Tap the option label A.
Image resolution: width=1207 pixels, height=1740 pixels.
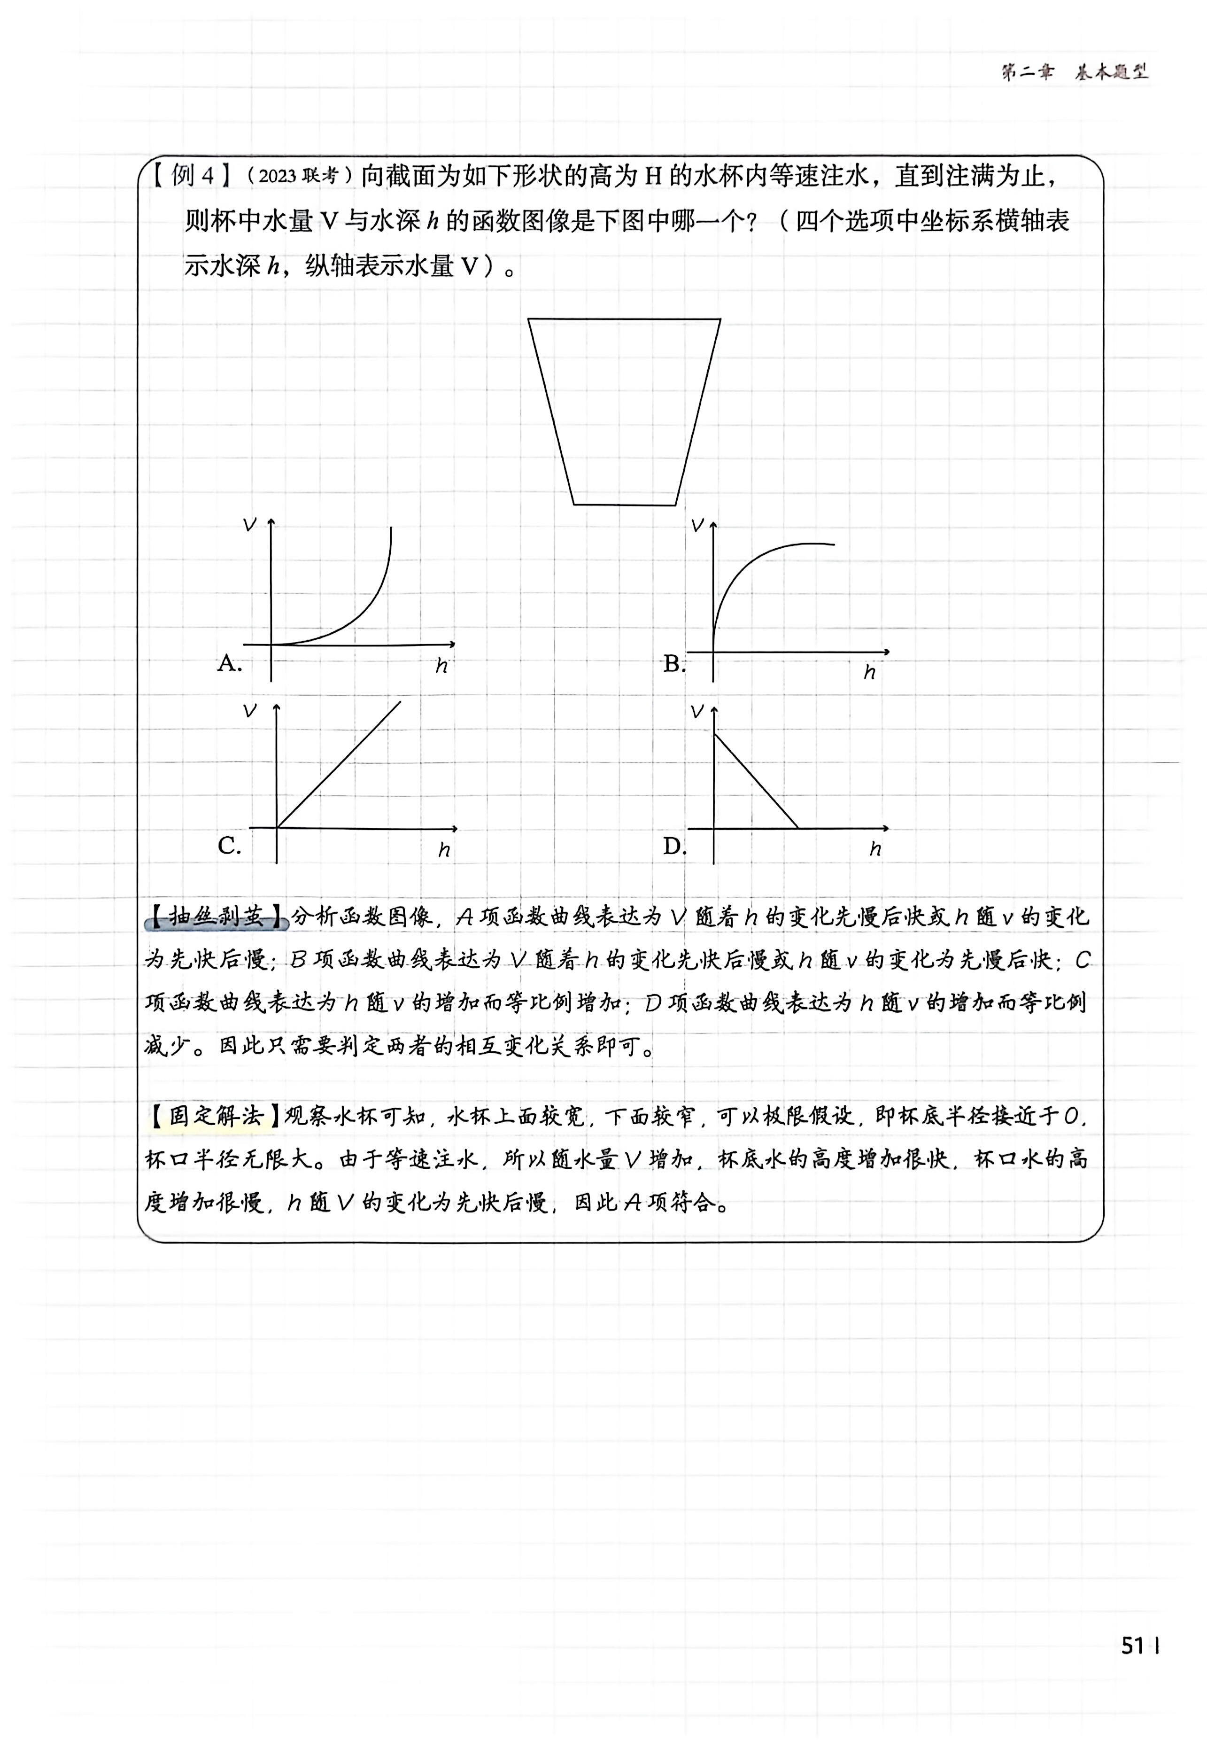point(228,663)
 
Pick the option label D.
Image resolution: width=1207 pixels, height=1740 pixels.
point(673,846)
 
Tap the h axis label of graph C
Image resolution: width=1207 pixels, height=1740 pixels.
point(444,850)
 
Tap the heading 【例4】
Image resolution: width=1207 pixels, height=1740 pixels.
point(191,176)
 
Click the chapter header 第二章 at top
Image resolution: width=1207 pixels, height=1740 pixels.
point(1027,72)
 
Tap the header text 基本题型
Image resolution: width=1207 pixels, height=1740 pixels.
point(1112,72)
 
